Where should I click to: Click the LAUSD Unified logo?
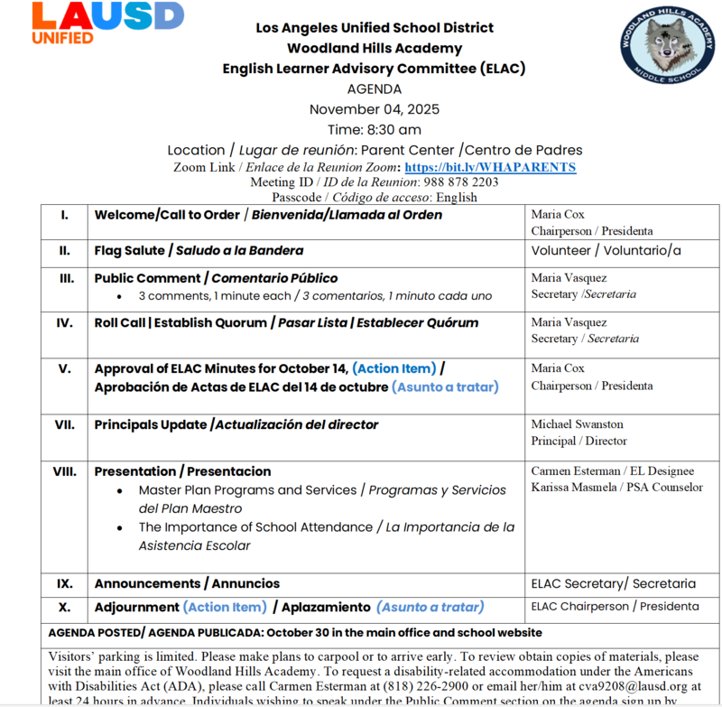point(107,23)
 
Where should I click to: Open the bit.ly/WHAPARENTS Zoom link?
point(490,168)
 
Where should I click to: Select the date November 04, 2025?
point(375,109)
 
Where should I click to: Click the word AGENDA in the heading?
point(375,89)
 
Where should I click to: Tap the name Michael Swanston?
point(577,424)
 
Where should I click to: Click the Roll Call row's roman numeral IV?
point(65,322)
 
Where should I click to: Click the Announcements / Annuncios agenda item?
point(187,584)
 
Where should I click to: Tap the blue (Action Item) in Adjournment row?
point(225,608)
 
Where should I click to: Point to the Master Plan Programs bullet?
point(247,490)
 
